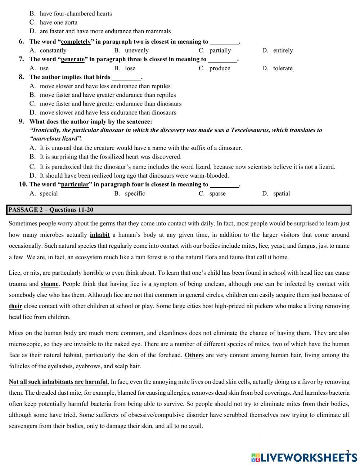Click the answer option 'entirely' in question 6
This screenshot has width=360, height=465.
pos(283,50)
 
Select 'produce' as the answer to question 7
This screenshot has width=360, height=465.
pos(220,68)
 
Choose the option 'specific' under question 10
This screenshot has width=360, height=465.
pos(135,193)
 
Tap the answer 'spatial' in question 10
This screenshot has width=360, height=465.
pos(281,193)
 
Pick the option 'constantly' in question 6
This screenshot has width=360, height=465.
pos(53,50)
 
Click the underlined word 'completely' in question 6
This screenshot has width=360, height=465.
pos(76,42)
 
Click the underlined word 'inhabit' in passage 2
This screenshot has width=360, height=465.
pos(100,235)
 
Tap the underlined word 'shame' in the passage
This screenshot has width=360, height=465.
pos(50,284)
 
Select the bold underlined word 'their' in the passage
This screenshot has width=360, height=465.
pos(15,306)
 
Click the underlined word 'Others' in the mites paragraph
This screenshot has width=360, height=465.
pos(194,355)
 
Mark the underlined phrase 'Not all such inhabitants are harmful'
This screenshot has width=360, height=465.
pos(58,382)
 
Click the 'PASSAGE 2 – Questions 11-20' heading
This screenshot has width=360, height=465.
pos(51,210)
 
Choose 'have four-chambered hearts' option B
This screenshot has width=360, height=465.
pos(76,14)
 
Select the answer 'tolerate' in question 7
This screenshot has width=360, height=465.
pos(283,68)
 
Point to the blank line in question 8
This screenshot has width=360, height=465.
pos(126,78)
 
